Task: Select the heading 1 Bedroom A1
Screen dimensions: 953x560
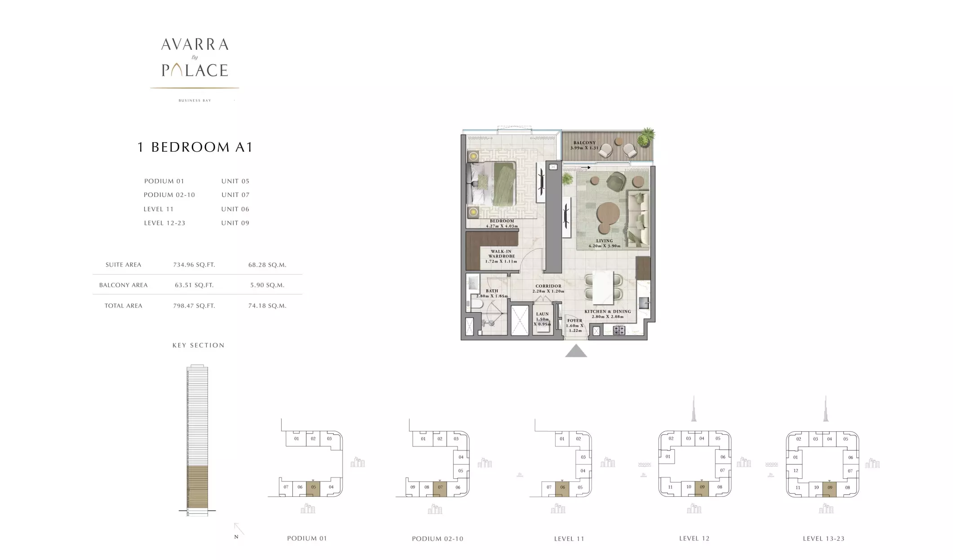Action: coord(195,147)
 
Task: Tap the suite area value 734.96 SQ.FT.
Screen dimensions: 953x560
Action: coord(194,265)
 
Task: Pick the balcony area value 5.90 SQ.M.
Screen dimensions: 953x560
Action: coord(267,285)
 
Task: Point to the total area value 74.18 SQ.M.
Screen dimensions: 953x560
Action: coord(267,306)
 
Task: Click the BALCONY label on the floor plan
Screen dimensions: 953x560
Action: coord(584,143)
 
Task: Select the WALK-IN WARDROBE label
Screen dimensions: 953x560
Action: coord(501,254)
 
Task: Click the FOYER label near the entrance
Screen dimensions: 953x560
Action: coord(575,321)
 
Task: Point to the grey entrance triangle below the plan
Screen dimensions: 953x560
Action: coord(576,351)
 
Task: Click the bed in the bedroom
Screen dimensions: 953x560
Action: coord(492,184)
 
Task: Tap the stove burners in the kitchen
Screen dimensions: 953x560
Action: coord(619,331)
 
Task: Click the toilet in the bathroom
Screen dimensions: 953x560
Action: coord(475,305)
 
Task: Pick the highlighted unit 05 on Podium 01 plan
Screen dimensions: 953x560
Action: coord(313,487)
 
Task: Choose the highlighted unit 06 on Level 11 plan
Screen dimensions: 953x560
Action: coord(562,488)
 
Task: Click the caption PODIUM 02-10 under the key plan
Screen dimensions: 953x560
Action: coord(437,538)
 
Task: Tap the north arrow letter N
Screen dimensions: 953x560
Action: coord(236,537)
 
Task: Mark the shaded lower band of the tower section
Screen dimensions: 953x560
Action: coord(197,487)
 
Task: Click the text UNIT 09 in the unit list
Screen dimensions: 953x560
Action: coord(235,223)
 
